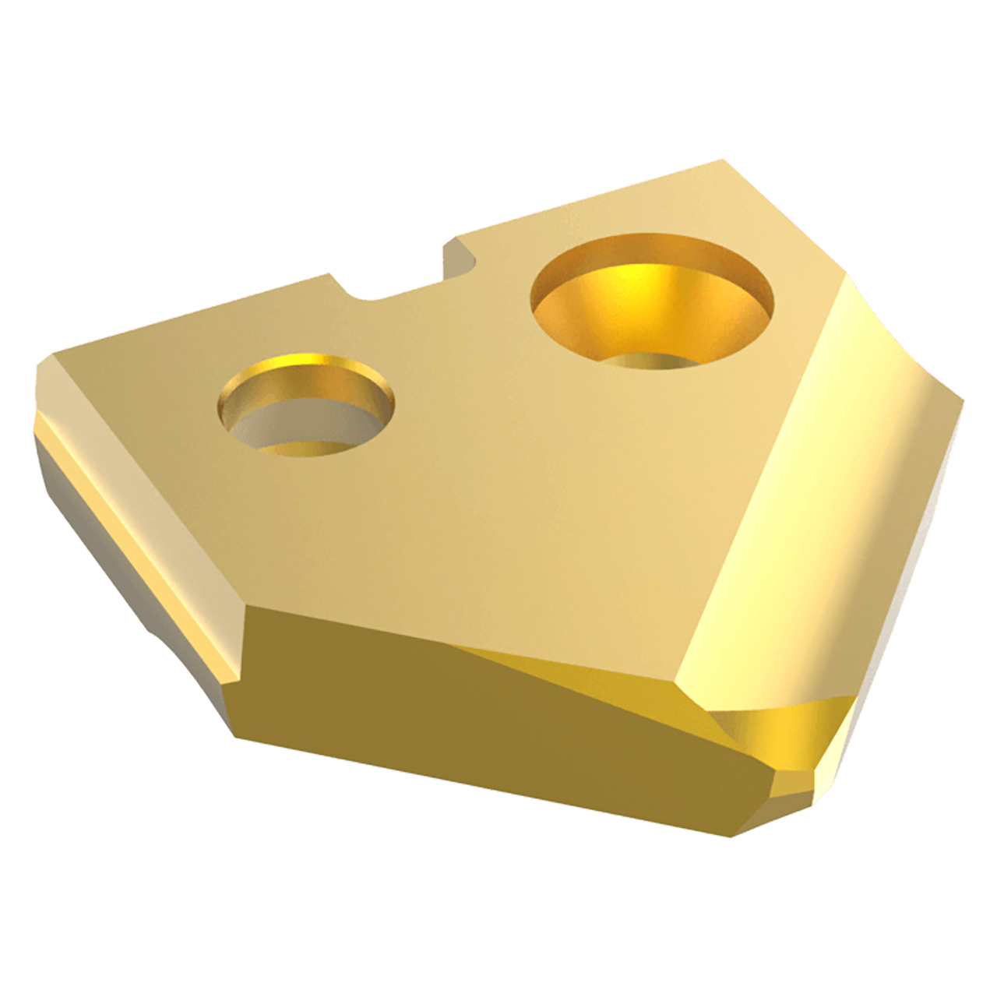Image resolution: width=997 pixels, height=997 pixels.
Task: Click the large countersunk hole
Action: [x=653, y=300]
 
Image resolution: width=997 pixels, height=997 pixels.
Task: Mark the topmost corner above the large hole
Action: [x=723, y=162]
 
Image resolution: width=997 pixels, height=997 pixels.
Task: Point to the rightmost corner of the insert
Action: [x=963, y=402]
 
